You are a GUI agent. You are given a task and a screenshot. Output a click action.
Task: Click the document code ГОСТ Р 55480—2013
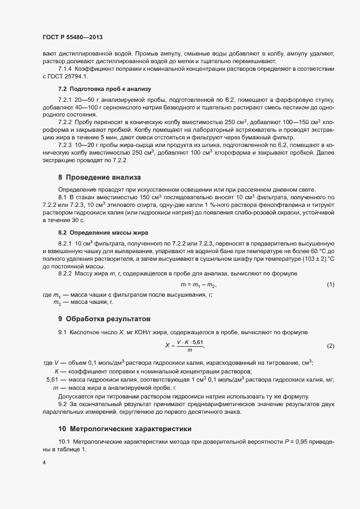pos(72,38)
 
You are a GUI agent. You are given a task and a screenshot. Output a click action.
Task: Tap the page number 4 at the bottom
pos(44,463)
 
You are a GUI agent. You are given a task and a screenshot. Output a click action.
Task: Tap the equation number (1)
pos(330,285)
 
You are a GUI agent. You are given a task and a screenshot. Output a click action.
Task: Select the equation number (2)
pos(330,346)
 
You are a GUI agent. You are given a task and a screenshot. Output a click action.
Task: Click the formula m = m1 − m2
pos(198,285)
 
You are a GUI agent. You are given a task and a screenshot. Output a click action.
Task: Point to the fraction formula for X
pos(185,346)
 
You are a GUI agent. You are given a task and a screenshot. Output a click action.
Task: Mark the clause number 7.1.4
pos(65,70)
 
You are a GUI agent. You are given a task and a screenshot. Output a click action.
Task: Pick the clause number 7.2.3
pos(65,144)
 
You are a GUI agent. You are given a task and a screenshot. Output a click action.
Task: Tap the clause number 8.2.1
pos(65,242)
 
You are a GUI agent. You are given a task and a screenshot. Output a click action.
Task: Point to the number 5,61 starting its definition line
pos(54,379)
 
